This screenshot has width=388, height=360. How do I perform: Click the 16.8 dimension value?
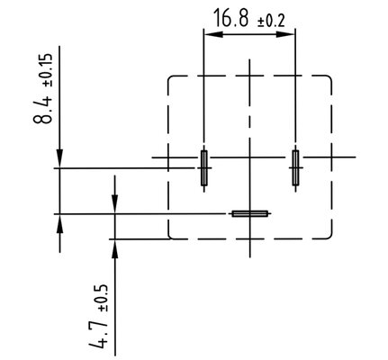coord(231,18)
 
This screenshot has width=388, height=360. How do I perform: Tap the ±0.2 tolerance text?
coord(271,22)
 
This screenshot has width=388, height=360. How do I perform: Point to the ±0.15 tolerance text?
coord(48,70)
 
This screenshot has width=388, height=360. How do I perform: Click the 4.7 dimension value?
coord(97,333)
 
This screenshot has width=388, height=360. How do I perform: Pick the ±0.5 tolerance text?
coord(102,298)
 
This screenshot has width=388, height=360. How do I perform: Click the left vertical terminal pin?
coord(204,168)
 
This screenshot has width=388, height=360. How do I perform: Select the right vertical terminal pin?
coord(295,168)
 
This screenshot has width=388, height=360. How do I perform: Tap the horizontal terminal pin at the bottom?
coord(249,213)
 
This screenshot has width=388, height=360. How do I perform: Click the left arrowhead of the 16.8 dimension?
coord(213,34)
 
